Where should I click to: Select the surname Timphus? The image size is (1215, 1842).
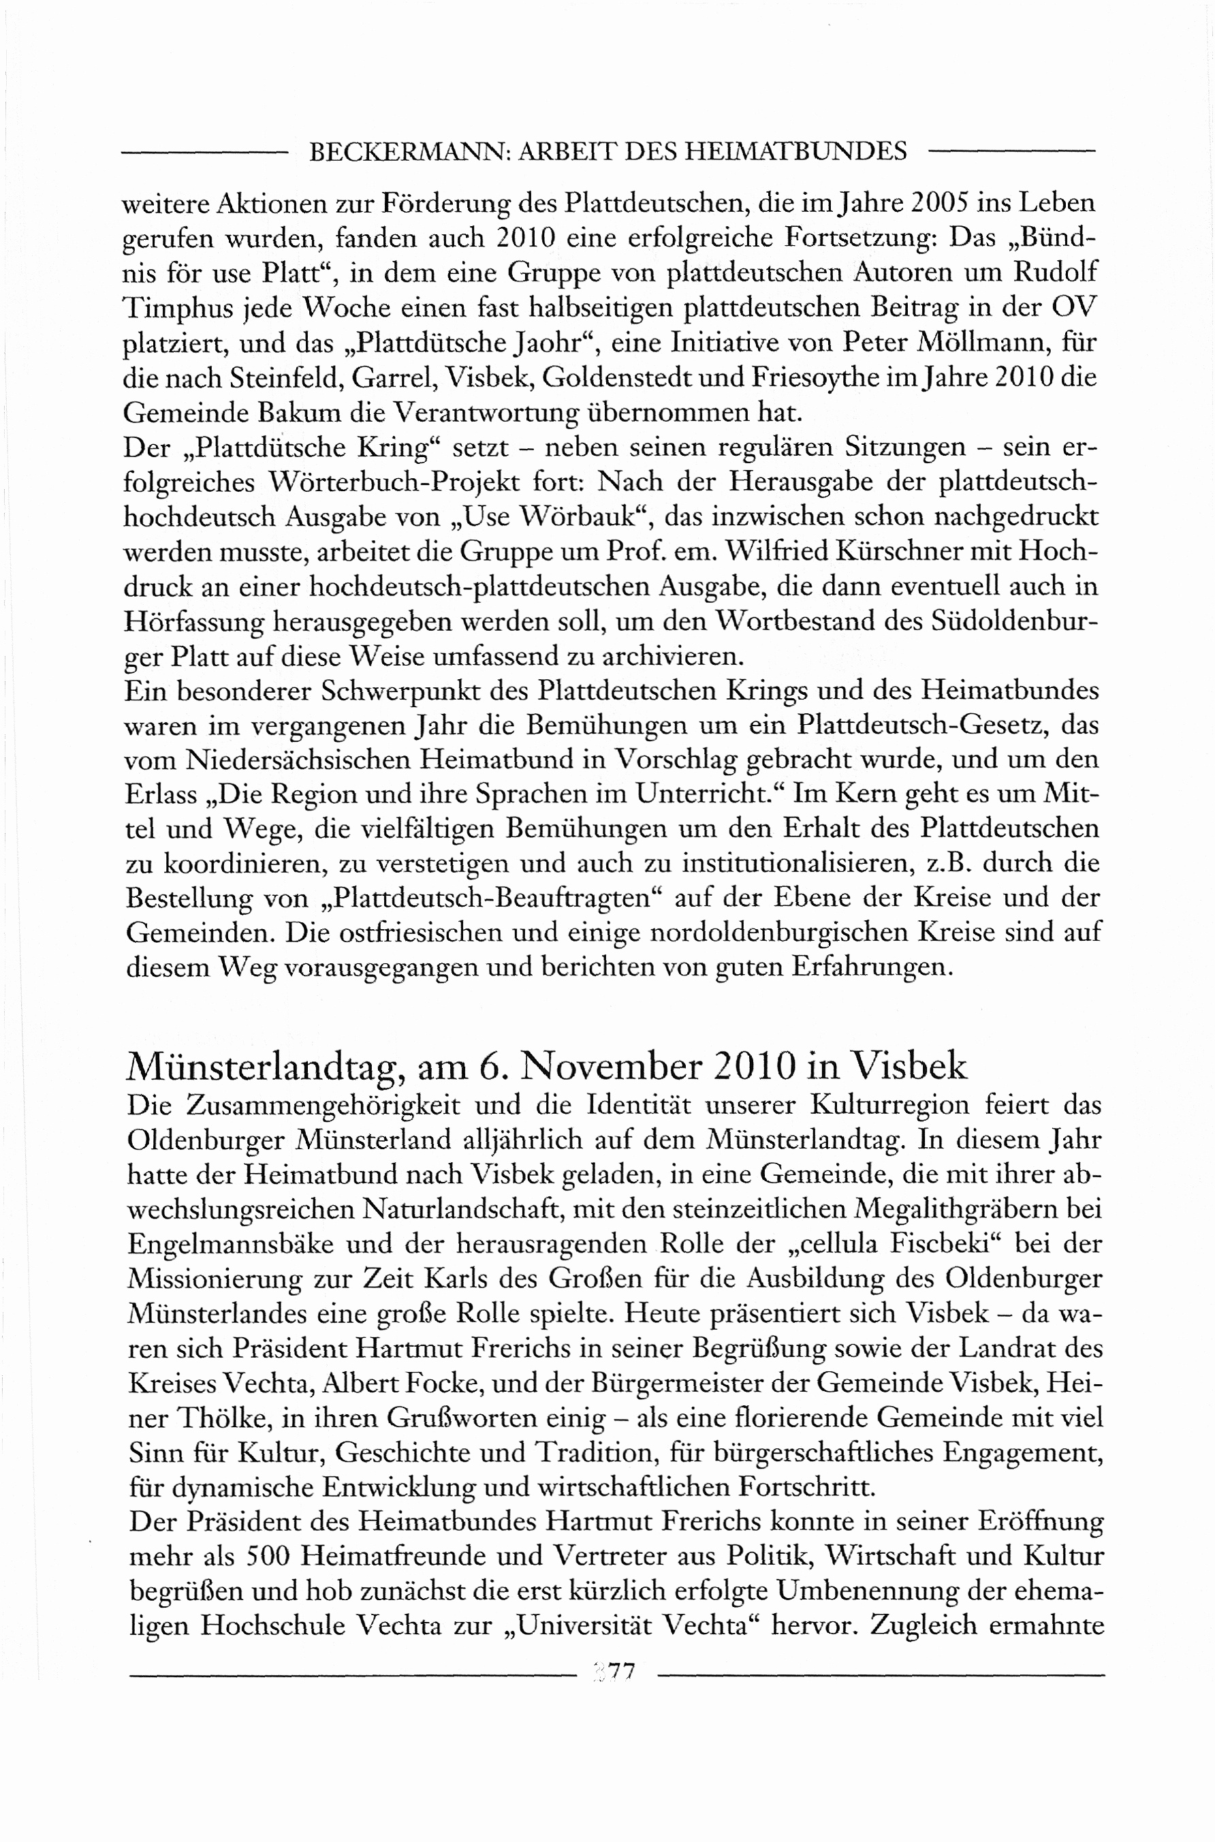pyautogui.click(x=178, y=308)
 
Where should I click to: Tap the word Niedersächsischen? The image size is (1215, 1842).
pyautogui.click(x=298, y=760)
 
